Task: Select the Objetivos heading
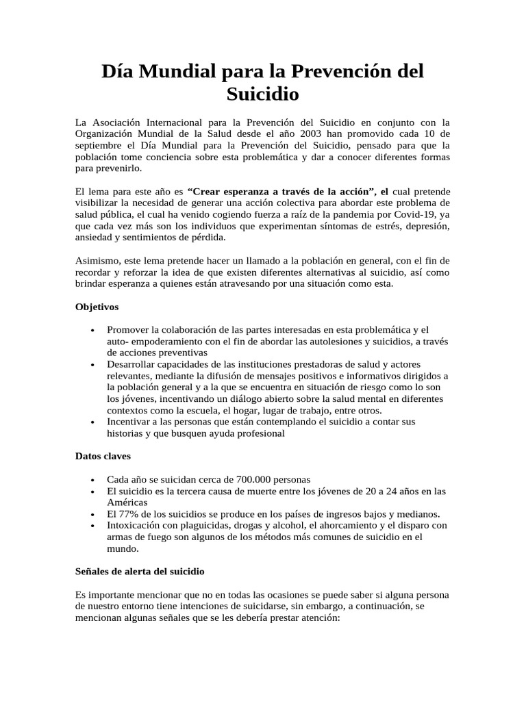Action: tap(97, 307)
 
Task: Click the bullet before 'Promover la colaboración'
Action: tap(92, 331)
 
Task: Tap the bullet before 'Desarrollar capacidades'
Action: tap(92, 366)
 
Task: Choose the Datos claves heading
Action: tap(103, 456)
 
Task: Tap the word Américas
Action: tap(127, 502)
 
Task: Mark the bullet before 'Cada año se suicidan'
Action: tap(92, 480)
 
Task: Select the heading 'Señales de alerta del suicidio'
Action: tap(140, 571)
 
